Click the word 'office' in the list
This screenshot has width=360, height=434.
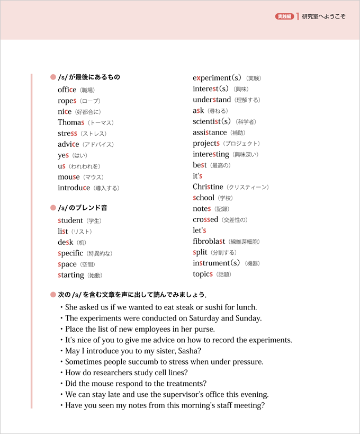tap(67, 90)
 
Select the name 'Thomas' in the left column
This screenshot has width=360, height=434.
tap(71, 122)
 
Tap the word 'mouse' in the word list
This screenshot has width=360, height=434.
tap(69, 177)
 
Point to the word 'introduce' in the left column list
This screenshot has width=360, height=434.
tap(74, 188)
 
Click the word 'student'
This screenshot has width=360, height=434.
tap(70, 220)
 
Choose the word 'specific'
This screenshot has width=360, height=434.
tap(70, 253)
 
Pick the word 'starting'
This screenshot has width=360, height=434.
tap(71, 275)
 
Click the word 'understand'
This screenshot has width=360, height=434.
tap(212, 100)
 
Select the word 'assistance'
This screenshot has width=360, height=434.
tap(210, 132)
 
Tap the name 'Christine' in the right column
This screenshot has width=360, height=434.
tap(208, 187)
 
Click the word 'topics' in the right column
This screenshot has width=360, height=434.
tap(203, 274)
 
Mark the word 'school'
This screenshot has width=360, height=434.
tap(204, 198)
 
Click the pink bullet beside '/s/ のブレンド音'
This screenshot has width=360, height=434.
tap(53, 208)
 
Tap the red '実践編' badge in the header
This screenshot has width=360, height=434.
tap(285, 16)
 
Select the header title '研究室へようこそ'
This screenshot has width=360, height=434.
tap(323, 16)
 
